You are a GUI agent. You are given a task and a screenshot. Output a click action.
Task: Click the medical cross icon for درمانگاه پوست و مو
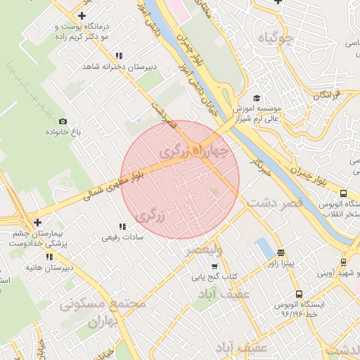[82, 15]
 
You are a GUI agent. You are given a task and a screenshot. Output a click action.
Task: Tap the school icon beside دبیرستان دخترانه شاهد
[119, 56]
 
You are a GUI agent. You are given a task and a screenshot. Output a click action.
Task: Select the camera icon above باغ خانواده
[63, 122]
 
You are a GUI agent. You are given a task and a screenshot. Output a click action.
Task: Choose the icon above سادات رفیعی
[123, 226]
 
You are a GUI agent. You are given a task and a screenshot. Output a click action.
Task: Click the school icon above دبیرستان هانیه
[49, 257]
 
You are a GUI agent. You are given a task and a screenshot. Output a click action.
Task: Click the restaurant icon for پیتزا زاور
[281, 253]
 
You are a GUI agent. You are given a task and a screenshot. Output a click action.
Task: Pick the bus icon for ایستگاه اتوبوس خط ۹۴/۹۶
[300, 295]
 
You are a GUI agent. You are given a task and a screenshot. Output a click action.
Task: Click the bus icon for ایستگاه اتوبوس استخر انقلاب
[343, 193]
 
